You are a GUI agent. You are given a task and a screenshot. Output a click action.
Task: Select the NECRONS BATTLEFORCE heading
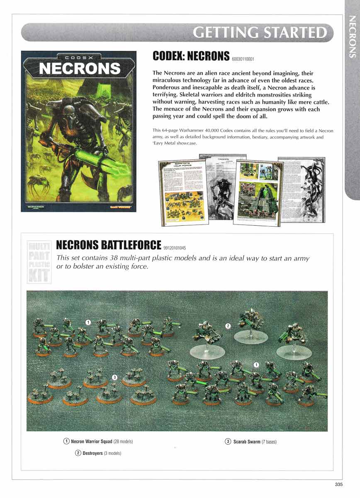108,245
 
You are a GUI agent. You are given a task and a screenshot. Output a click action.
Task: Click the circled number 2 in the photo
228,326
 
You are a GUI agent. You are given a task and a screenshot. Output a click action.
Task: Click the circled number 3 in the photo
115,377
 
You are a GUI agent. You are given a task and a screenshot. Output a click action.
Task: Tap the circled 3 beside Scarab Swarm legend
228,442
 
